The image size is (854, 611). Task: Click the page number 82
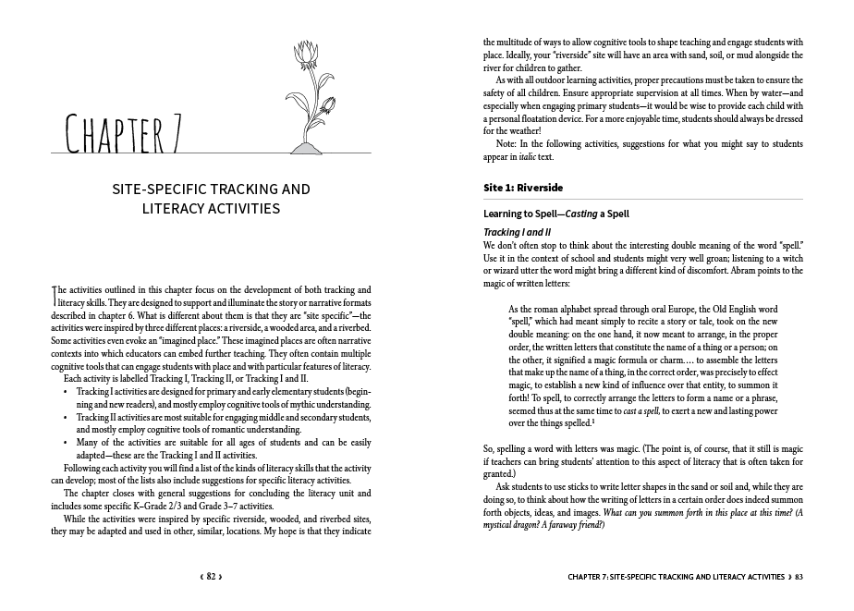[x=211, y=577]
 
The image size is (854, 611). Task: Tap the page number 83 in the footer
[x=798, y=577]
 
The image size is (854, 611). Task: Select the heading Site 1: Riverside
[x=523, y=188]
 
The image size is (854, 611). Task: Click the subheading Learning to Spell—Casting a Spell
[x=556, y=214]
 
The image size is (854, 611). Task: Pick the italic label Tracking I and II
[x=518, y=231]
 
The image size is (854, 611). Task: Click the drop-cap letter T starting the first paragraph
[x=53, y=293]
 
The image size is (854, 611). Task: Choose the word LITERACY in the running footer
[x=710, y=577]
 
